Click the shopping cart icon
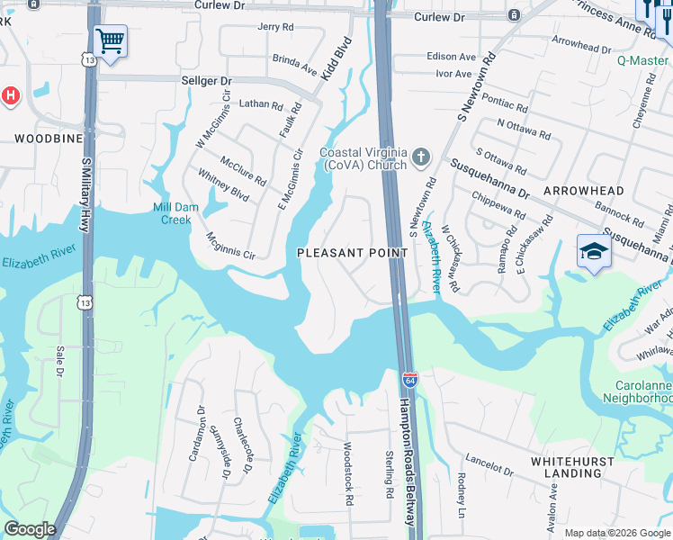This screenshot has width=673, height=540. [110, 40]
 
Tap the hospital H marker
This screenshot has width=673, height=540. [9, 94]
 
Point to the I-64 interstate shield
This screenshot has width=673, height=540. [409, 381]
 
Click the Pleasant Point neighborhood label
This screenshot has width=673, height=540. [353, 253]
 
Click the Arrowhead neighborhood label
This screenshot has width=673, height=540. [583, 192]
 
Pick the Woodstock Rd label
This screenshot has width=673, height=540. [347, 472]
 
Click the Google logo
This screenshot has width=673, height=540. [30, 529]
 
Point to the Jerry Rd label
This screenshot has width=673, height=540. [276, 27]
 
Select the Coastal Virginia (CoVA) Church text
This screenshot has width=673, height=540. [363, 159]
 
